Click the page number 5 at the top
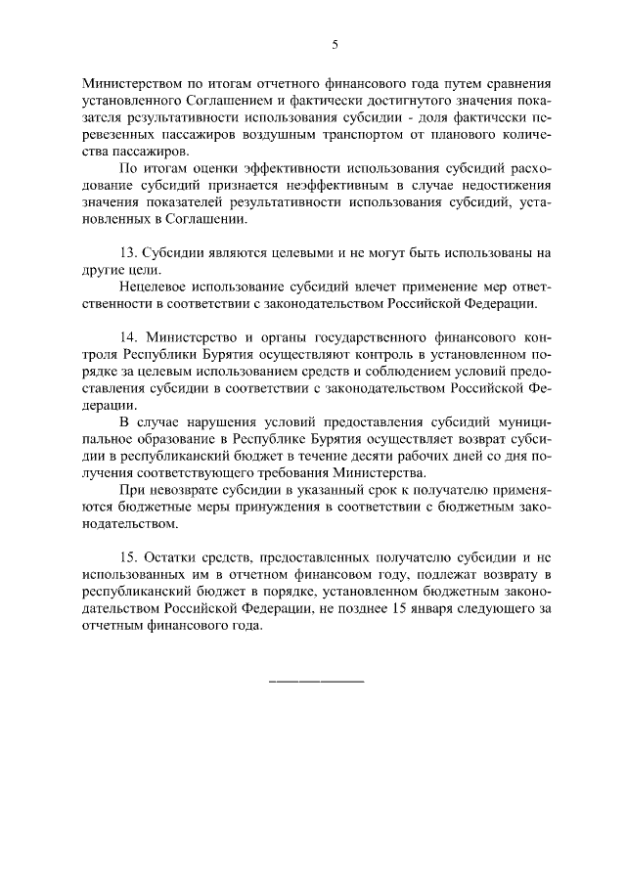tap(335, 44)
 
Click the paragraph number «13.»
tap(131, 252)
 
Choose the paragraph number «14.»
tap(131, 336)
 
